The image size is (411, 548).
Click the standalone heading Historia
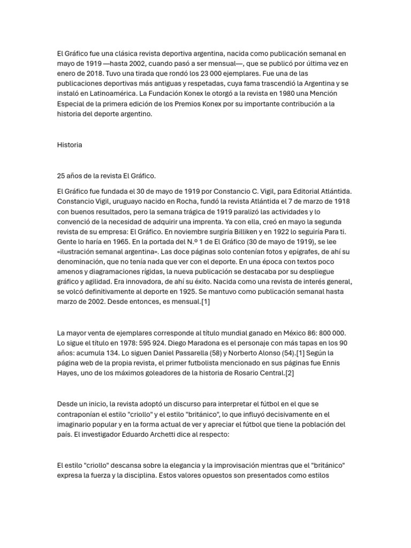tap(70, 144)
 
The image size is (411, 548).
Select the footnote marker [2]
tap(289, 374)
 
